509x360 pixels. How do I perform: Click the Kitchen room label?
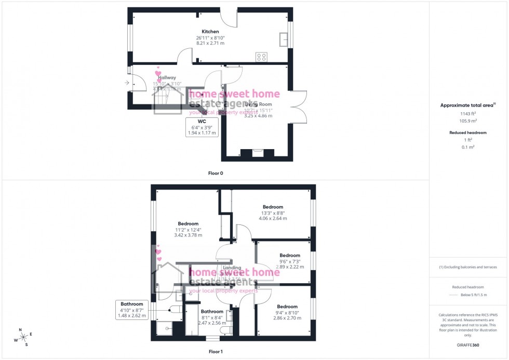(x=210, y=32)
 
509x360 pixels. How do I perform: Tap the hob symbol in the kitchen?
(x=261, y=57)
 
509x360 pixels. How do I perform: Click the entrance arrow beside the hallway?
(x=127, y=83)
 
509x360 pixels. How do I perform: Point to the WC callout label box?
(x=202, y=127)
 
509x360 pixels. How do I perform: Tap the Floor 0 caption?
(x=215, y=173)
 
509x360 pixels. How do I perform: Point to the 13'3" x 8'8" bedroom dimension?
(x=273, y=212)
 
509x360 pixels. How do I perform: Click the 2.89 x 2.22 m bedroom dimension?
(x=289, y=267)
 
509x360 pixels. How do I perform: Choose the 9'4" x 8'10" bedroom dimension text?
(x=287, y=312)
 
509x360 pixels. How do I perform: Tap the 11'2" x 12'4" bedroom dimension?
(x=187, y=230)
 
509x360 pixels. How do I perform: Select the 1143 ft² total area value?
(x=468, y=113)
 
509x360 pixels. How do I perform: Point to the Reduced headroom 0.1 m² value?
(x=468, y=147)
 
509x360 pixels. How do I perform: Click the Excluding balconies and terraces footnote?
(x=468, y=267)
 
